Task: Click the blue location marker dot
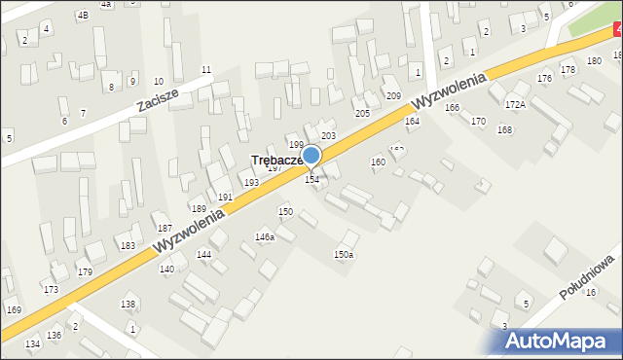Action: tap(311, 155)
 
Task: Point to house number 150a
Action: tap(344, 255)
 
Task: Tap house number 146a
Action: tap(265, 236)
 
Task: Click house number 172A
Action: tap(515, 104)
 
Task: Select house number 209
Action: tap(393, 95)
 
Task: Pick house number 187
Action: tap(165, 228)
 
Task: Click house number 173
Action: tap(51, 290)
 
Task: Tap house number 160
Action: tap(378, 162)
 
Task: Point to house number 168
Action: tap(504, 129)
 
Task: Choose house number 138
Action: tap(128, 305)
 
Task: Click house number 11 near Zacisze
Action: tap(205, 69)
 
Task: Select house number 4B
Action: tap(83, 15)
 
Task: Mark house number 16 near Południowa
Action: tap(590, 293)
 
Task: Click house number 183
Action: tap(128, 246)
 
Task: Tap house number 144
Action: tap(203, 254)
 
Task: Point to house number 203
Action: tap(328, 135)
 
